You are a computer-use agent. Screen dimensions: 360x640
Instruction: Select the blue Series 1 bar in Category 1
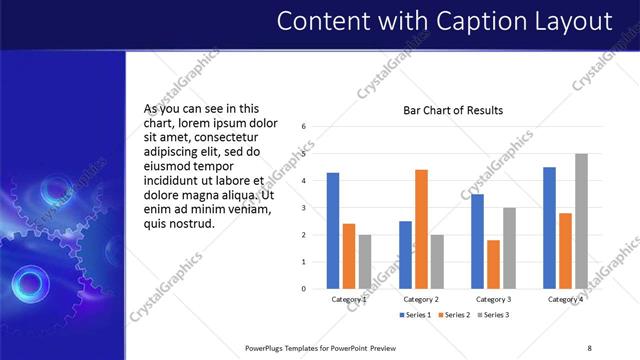(333, 230)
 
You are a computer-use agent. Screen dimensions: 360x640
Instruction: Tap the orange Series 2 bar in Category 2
(421, 229)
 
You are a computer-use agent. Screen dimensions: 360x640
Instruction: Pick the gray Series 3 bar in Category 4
(581, 221)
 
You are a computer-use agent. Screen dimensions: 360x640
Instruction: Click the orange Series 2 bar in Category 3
(493, 264)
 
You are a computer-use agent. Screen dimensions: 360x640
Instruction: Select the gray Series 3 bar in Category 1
(364, 261)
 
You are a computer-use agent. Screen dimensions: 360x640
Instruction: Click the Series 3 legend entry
(491, 315)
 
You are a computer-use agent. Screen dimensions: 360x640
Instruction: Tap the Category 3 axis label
(493, 299)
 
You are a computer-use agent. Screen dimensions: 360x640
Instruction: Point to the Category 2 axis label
(421, 299)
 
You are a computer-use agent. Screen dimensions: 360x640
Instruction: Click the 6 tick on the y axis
(304, 127)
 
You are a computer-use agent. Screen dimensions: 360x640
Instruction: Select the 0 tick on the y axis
(304, 288)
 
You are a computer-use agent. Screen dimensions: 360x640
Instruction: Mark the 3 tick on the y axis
(304, 208)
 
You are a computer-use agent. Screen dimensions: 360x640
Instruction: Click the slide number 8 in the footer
(589, 347)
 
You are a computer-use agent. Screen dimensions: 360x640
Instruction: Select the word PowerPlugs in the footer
(267, 347)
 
